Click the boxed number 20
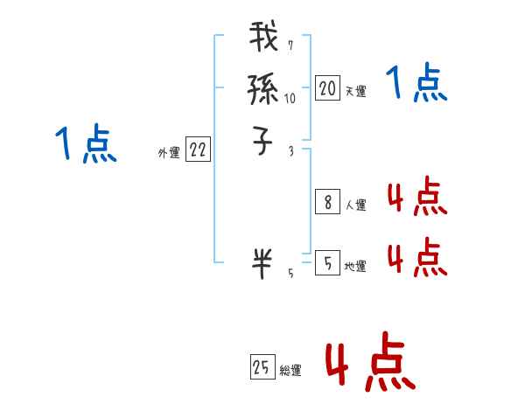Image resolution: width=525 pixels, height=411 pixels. point(327,87)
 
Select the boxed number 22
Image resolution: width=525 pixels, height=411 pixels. point(198,150)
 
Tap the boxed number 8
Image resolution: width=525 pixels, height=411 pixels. point(327,203)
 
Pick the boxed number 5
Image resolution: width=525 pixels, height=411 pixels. point(327,262)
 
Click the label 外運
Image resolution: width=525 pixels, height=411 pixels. point(169,153)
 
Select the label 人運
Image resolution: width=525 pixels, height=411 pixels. point(355,206)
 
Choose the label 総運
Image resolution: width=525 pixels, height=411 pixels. point(290,372)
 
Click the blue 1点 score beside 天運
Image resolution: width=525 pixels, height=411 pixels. point(416,84)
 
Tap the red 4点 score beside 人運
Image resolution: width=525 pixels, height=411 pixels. point(416,198)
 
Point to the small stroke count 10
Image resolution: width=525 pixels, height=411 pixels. point(290,99)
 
